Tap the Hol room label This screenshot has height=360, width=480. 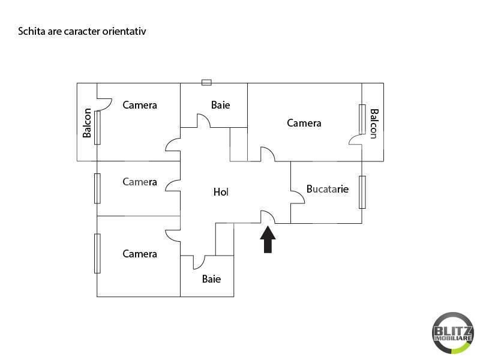pyautogui.click(x=221, y=193)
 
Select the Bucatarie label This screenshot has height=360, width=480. pyautogui.click(x=327, y=188)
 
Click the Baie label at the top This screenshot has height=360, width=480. pyautogui.click(x=220, y=105)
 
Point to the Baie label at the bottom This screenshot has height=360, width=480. pyautogui.click(x=211, y=279)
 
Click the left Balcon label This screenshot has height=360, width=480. pyautogui.click(x=88, y=123)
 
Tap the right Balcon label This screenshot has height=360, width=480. pyautogui.click(x=374, y=123)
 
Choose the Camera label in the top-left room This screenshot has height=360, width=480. pyautogui.click(x=140, y=105)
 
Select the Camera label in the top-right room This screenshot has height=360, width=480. pyautogui.click(x=304, y=123)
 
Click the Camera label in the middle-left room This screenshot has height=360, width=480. pyautogui.click(x=140, y=182)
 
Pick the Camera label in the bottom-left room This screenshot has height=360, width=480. pyautogui.click(x=140, y=254)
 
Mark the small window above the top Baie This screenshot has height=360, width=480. pyautogui.click(x=206, y=83)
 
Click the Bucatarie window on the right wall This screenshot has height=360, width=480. pyautogui.click(x=362, y=192)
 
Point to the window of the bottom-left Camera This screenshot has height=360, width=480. pyautogui.click(x=97, y=253)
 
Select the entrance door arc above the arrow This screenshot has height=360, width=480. pyautogui.click(x=268, y=217)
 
